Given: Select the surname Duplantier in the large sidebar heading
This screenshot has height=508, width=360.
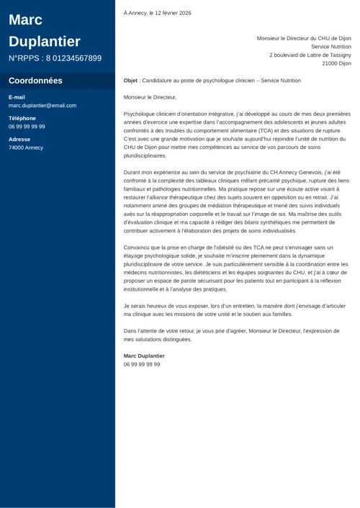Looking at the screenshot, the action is tap(45, 41).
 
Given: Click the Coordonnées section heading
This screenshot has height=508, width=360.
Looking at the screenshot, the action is tap(35, 81).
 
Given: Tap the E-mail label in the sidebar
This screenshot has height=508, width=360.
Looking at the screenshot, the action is tap(17, 97).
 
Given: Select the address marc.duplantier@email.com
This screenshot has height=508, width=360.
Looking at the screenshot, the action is tap(42, 106).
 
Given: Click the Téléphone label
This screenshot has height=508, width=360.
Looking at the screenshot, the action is tap(22, 118).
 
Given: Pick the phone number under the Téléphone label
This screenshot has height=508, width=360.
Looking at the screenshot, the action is tap(27, 127).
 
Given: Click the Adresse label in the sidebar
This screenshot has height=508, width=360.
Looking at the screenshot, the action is tap(19, 139).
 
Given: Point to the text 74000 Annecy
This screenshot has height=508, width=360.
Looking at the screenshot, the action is tap(26, 148).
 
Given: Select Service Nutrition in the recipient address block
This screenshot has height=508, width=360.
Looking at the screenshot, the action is tap(331, 47).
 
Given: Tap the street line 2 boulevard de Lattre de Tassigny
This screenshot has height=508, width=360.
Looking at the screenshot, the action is tap(310, 55).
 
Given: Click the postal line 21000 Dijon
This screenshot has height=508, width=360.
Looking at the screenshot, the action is tap(336, 63).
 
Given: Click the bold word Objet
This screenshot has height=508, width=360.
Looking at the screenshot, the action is tap(130, 81).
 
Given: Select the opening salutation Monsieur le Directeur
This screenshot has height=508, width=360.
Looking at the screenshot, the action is tap(150, 96).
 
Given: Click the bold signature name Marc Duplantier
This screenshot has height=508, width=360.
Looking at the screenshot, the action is tap(144, 356).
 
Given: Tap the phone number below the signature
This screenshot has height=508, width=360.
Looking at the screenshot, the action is tap(142, 365).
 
